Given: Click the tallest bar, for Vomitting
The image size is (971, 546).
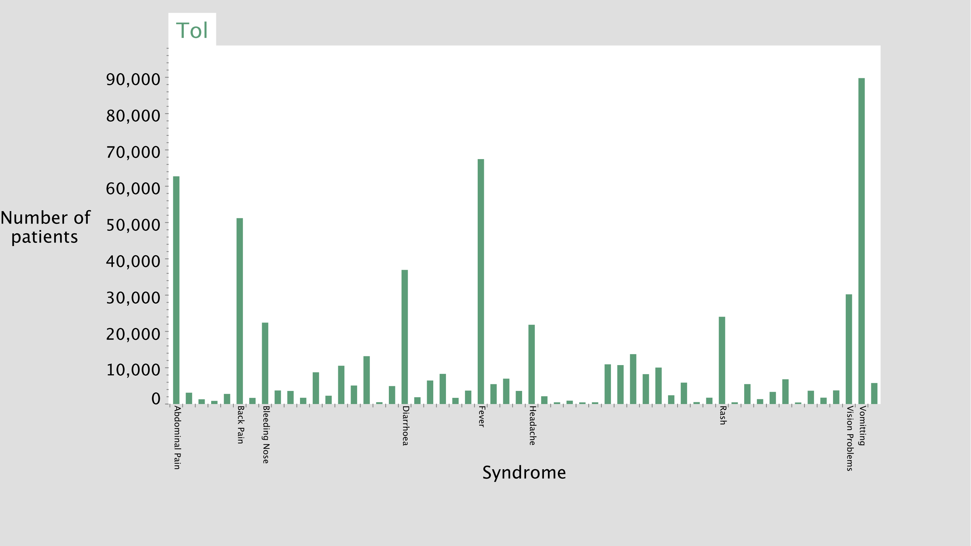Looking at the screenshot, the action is (862, 241).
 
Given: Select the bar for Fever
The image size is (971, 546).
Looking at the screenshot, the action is (481, 281).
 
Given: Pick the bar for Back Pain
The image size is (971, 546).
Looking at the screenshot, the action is (240, 311).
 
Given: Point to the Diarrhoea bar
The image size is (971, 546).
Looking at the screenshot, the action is (405, 337).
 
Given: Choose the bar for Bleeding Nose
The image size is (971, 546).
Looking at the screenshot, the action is (265, 363).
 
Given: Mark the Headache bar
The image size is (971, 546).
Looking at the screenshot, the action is (532, 364).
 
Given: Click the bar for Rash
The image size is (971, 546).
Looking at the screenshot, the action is (722, 361).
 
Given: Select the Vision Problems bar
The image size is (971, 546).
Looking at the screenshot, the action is (849, 349).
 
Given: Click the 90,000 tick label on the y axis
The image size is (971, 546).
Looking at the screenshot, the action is (133, 79).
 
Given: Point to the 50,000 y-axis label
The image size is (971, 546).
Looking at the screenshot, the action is (133, 225).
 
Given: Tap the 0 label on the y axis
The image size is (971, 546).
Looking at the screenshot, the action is (156, 399).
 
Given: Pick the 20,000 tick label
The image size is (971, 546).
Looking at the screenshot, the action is (133, 334).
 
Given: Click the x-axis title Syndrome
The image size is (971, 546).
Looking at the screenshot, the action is (524, 472).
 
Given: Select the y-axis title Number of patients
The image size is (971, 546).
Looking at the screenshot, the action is (45, 227).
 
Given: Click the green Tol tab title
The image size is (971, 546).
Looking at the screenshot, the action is (192, 30).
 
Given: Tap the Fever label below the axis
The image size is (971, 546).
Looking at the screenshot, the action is (481, 416).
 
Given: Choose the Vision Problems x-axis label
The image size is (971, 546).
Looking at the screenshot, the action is (850, 438).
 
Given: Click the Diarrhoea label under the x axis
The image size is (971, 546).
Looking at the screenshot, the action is (406, 426).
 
